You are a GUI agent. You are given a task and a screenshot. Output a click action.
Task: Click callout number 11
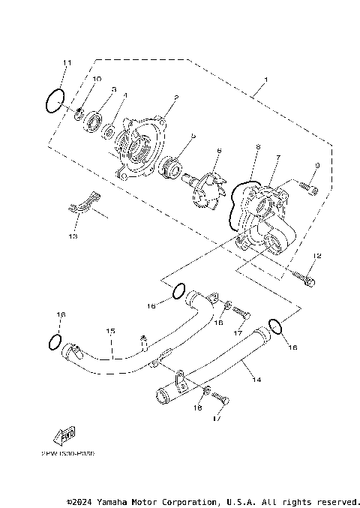67,62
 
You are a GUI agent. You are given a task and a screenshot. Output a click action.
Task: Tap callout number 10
97,79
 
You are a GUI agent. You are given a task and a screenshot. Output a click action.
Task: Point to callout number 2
175,98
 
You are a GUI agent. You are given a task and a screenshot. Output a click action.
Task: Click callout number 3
114,89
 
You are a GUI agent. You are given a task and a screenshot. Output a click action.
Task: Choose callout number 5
193,136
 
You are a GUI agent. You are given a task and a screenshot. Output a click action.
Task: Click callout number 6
219,151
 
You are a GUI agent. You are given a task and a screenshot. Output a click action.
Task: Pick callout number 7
277,158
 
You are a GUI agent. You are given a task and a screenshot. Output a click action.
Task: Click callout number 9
317,165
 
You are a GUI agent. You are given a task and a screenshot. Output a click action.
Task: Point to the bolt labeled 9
308,185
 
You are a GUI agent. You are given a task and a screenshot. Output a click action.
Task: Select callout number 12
316,257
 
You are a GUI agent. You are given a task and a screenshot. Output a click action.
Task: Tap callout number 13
73,236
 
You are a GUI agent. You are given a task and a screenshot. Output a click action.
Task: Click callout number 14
256,380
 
